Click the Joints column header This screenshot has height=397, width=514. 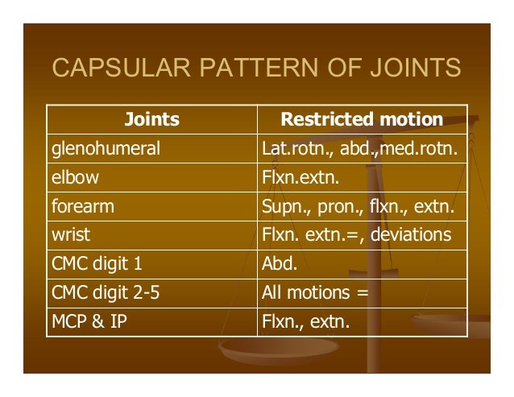151,120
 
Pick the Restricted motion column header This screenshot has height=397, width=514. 361,120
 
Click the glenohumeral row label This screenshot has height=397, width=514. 106,149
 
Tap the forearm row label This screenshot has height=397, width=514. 83,207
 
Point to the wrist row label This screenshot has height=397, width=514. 72,236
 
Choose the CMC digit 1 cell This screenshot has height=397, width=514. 97,264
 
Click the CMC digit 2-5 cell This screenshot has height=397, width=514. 106,293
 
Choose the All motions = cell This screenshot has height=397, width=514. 315,293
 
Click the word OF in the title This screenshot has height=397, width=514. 334,68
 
